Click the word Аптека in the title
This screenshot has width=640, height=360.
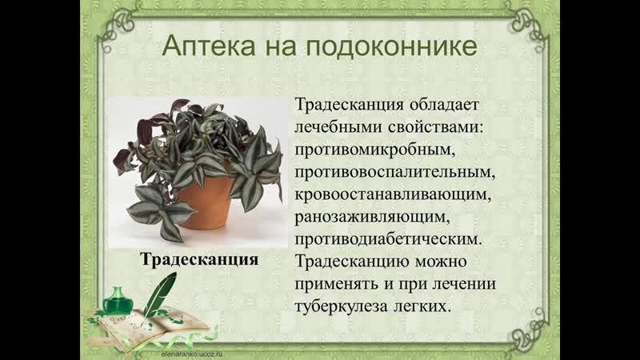point(209,46)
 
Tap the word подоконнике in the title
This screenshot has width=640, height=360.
point(391,46)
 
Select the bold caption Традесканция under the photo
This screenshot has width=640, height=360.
point(199,259)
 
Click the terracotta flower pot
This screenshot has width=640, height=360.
point(205,202)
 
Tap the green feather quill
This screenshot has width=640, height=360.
point(159,298)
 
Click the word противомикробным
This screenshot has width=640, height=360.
point(374,150)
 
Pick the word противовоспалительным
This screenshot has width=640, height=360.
point(394,172)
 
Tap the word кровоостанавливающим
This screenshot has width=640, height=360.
point(393,194)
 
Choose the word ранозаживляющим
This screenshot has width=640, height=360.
point(372,217)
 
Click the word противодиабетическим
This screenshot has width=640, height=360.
point(388,239)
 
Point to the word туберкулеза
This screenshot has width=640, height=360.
point(341,306)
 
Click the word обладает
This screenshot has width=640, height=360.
point(444,105)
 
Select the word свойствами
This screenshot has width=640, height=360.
point(435,127)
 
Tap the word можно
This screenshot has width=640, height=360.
point(441,262)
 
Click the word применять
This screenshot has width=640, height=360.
point(336,284)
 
